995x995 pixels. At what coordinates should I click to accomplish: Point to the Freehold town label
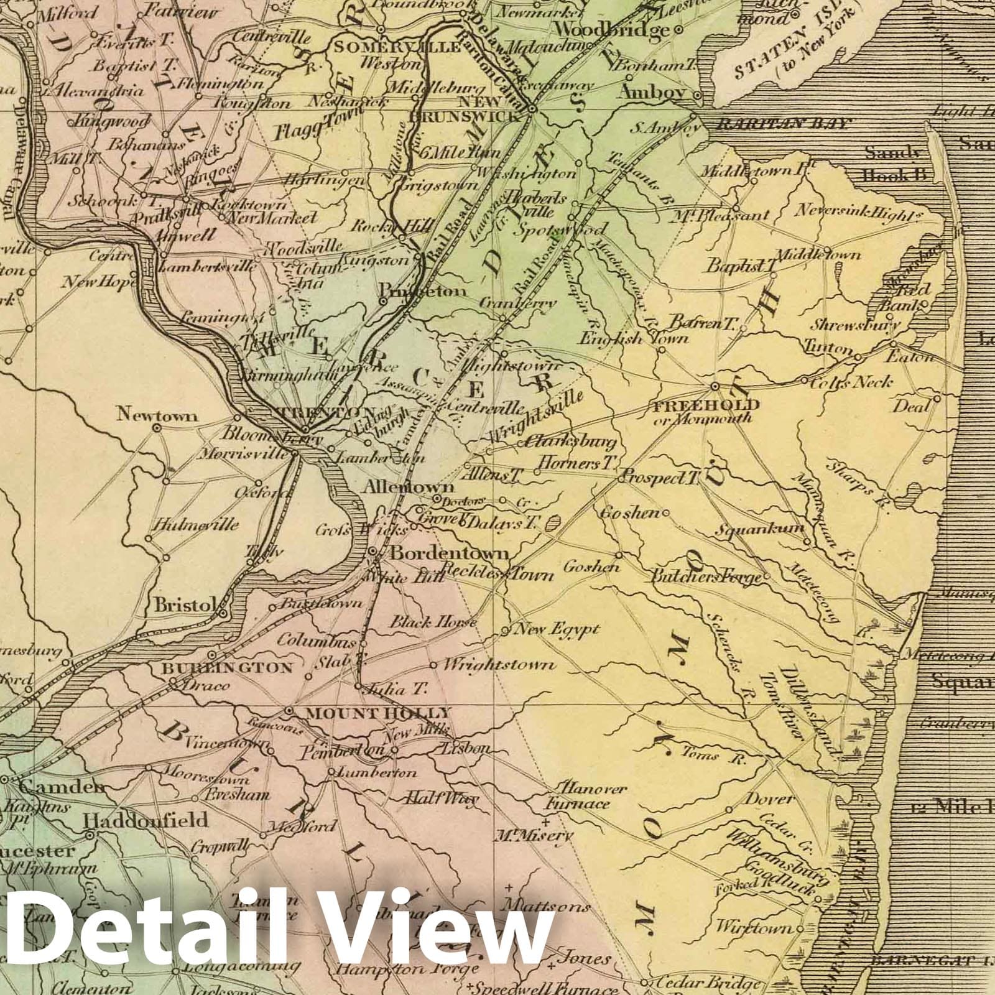pyautogui.click(x=706, y=405)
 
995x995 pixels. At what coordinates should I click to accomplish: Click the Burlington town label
pyautogui.click(x=228, y=669)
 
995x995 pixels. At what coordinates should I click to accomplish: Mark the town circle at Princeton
pyautogui.click(x=384, y=300)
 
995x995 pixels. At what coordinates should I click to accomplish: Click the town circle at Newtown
pyautogui.click(x=157, y=428)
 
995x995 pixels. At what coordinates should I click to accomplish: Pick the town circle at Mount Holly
pyautogui.click(x=288, y=710)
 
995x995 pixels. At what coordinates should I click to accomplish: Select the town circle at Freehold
pyautogui.click(x=715, y=386)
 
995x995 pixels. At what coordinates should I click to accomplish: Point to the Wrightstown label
pyautogui.click(x=499, y=665)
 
